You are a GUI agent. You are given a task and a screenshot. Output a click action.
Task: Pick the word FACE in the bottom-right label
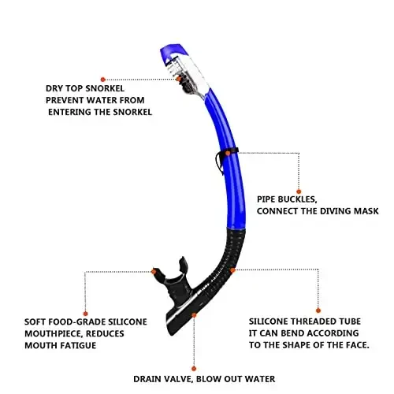click(x=352, y=344)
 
